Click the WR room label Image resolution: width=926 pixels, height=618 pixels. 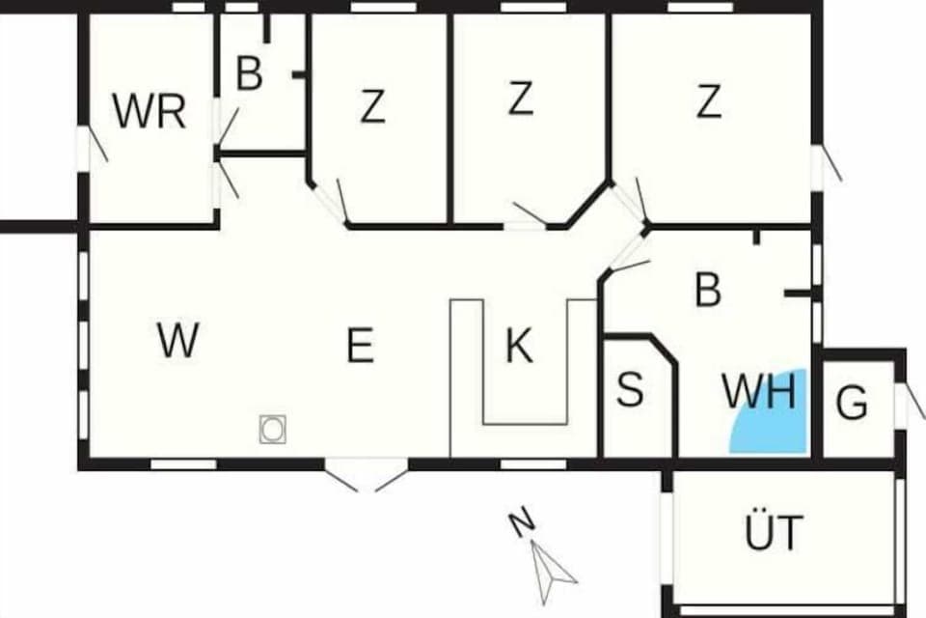point(149,112)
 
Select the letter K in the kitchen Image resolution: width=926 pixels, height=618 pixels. point(519,346)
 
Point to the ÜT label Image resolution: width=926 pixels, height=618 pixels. point(774,533)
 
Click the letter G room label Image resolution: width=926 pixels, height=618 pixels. point(852,404)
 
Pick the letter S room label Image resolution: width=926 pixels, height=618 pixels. point(629,390)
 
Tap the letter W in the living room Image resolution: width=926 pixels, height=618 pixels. point(177,341)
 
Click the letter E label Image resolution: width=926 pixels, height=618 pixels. point(360,346)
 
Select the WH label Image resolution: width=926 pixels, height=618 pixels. point(759,392)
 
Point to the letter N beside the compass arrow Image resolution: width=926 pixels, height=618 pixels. point(522,524)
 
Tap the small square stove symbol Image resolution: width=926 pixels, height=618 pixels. point(273,429)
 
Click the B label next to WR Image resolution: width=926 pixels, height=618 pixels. point(249,74)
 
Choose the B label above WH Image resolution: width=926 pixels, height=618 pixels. point(708,290)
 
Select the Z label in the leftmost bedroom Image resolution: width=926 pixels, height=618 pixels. point(372,106)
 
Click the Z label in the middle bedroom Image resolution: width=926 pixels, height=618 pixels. point(520,98)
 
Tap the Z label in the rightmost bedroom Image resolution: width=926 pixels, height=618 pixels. point(709,101)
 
